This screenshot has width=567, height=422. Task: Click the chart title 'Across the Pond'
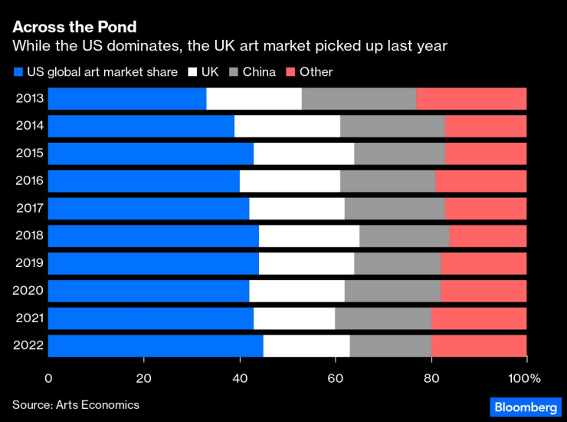tap(74, 28)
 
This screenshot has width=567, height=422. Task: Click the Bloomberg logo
tap(525, 404)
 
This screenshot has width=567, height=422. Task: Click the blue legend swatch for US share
tap(18, 72)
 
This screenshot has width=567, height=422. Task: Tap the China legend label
tap(259, 72)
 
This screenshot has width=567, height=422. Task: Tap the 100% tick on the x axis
tap(524, 377)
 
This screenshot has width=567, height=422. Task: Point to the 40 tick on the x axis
tap(240, 377)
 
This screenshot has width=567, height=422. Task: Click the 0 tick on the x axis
tap(48, 377)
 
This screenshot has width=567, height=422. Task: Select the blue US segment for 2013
tap(127, 99)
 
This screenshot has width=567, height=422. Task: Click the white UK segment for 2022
tap(306, 346)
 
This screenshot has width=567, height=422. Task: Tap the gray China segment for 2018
tap(405, 236)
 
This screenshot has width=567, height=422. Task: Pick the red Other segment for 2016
tap(481, 181)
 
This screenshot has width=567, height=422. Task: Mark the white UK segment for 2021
tap(294, 318)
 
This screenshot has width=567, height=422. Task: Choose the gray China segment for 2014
tap(392, 127)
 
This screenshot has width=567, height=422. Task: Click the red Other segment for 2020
tap(483, 291)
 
